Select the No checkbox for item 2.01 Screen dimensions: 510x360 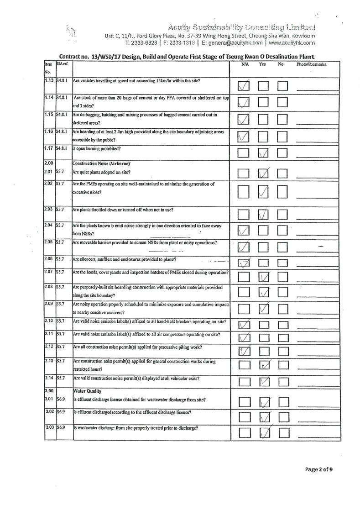283,174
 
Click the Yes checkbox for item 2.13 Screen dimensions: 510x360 264,365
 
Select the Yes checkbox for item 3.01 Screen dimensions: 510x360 264,402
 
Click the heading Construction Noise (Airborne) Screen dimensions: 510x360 101,163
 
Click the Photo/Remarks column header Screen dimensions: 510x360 311,65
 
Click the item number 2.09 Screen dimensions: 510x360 50,303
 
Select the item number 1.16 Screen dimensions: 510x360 50,131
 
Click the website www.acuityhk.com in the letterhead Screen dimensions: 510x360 292,42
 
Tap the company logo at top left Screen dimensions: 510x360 71,31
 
